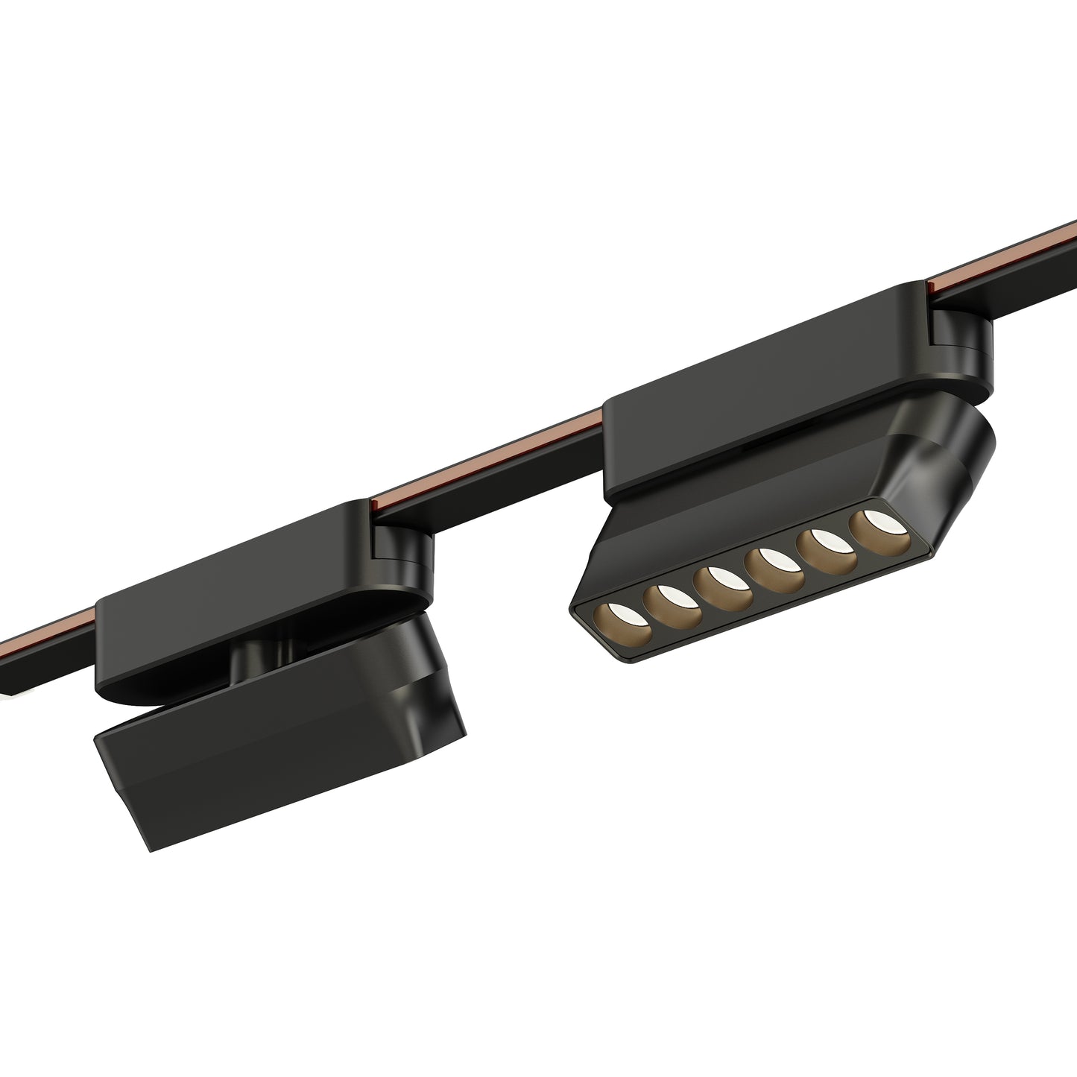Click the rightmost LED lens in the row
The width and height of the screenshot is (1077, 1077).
[x=871, y=527]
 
